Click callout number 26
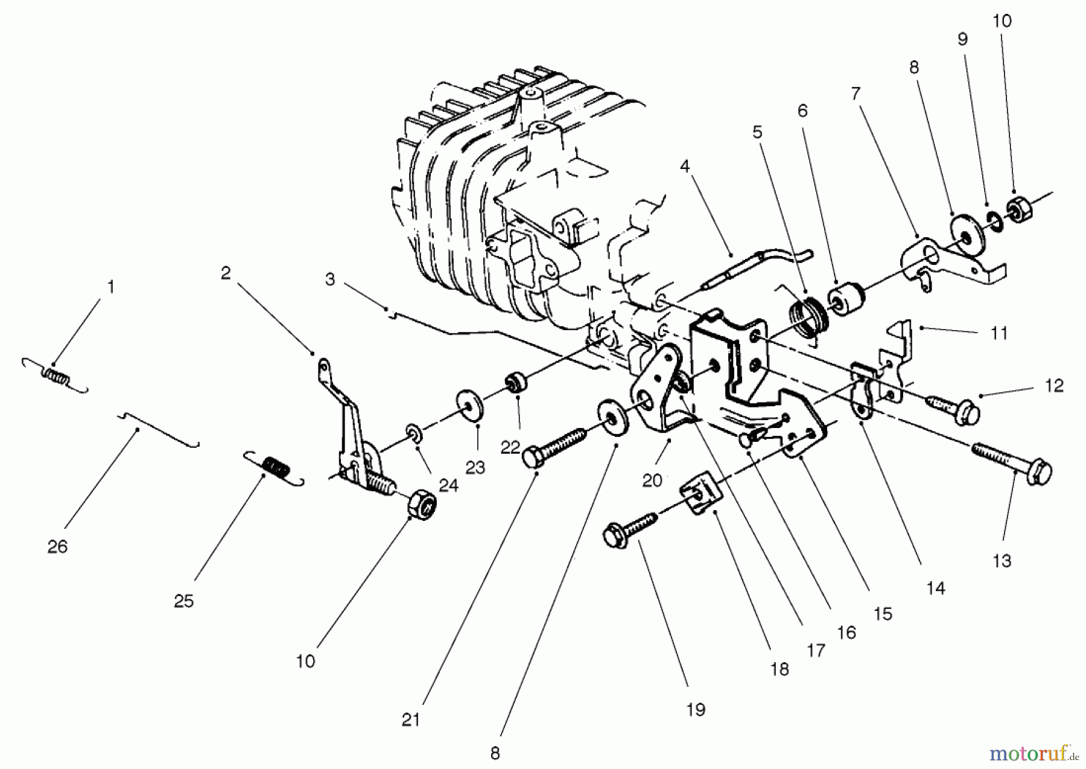(57, 547)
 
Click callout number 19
(696, 709)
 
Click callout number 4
(685, 166)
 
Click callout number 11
(999, 333)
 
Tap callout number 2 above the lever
(225, 273)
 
